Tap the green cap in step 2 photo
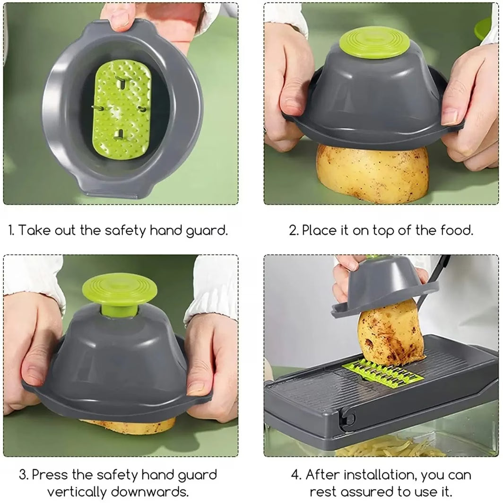368,43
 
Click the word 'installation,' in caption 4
380,475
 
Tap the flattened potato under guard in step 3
128,426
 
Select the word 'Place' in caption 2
320,231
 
